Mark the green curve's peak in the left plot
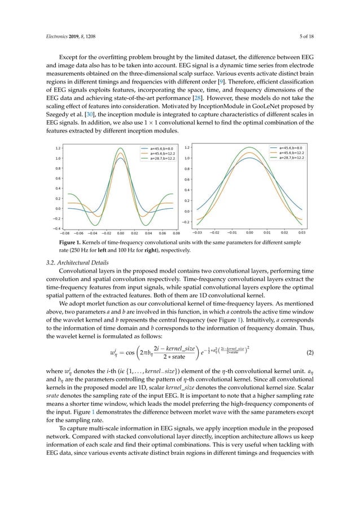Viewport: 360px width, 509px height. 121,148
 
